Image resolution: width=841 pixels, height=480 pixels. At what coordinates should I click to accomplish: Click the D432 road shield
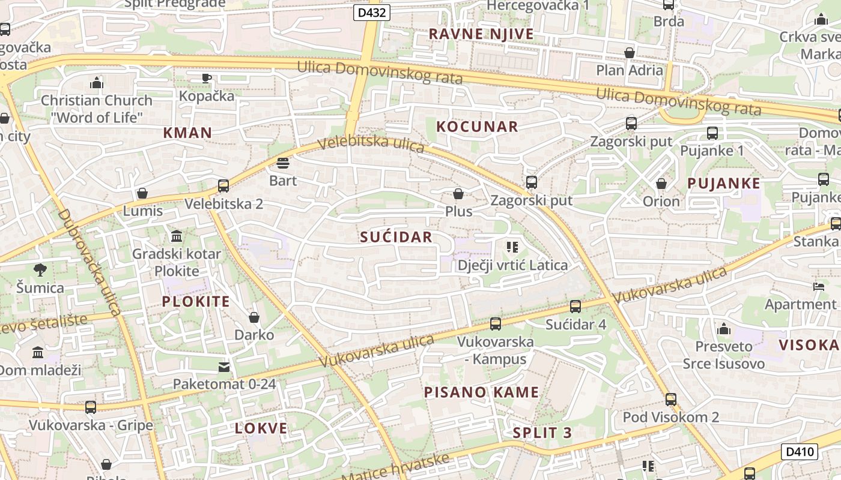[372, 13]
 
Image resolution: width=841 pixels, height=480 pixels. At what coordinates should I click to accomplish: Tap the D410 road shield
[800, 452]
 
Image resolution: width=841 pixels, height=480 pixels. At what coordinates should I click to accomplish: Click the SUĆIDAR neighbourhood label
[396, 237]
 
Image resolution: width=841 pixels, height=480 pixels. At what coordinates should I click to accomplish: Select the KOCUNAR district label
[477, 127]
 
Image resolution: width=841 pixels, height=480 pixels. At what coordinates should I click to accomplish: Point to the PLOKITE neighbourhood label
[196, 302]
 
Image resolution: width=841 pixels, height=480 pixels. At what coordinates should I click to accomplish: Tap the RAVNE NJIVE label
[481, 34]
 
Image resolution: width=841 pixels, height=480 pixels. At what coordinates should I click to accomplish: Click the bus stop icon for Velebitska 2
[223, 186]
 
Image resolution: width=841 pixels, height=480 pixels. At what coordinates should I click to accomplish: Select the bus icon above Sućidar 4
[575, 307]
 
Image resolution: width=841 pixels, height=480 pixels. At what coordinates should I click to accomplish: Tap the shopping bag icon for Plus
[458, 194]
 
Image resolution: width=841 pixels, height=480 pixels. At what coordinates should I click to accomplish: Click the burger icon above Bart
[283, 163]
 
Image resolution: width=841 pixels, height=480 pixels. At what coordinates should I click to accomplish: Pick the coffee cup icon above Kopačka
[207, 78]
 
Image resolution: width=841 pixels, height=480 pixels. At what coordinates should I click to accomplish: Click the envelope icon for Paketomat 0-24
[224, 367]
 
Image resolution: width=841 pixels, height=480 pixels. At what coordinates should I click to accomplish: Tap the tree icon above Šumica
[40, 270]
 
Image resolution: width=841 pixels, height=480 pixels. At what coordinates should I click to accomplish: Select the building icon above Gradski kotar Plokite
[177, 236]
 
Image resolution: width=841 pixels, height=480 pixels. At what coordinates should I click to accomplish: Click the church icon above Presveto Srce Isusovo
[724, 329]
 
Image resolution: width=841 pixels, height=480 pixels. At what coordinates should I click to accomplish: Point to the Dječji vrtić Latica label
[512, 265]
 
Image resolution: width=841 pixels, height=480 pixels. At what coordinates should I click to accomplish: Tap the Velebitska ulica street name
[371, 144]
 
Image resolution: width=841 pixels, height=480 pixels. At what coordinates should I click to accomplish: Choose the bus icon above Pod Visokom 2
[671, 399]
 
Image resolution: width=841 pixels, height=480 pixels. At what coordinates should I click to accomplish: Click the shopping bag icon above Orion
[661, 184]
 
